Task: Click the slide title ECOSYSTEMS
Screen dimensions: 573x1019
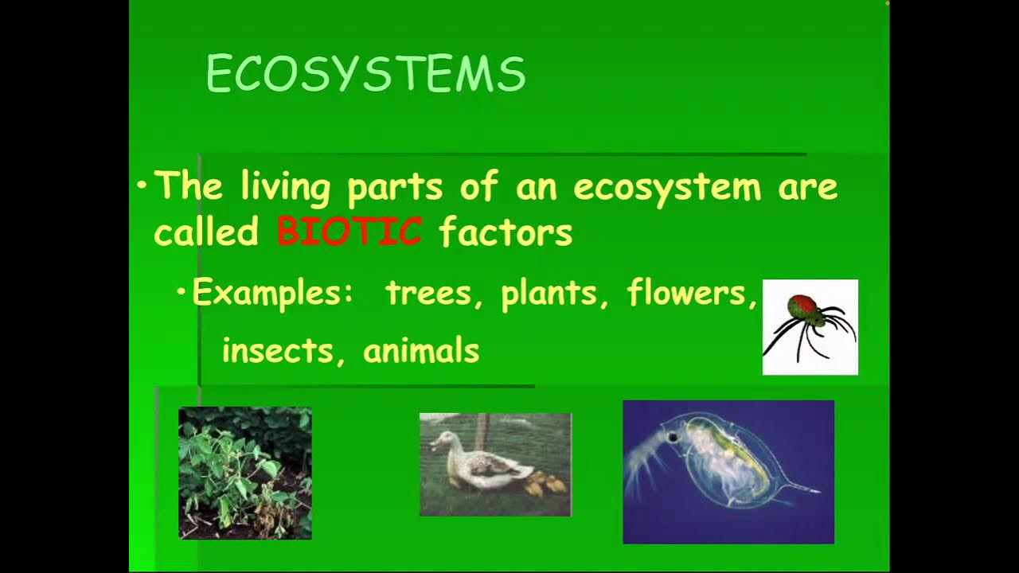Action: (365, 75)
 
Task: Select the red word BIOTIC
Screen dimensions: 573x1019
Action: (349, 232)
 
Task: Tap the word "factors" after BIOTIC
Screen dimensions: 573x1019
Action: (506, 232)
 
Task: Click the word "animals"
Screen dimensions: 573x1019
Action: (421, 351)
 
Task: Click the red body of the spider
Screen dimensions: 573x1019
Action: (803, 305)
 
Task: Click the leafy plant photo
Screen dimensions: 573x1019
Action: (245, 473)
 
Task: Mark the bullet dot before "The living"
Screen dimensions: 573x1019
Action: (142, 186)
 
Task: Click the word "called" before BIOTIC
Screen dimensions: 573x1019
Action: (206, 232)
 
